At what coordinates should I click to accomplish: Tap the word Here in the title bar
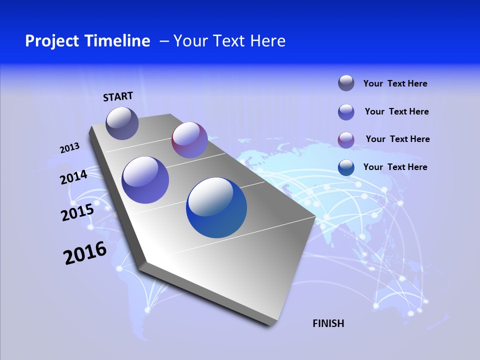coord(267,41)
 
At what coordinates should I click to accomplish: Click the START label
coord(118,96)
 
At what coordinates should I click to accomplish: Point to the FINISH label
coord(328,323)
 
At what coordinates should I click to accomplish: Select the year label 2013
coord(69,148)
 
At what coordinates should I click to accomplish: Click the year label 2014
coord(74,177)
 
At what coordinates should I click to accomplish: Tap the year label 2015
coord(77,212)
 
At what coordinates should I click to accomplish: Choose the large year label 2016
coord(85,253)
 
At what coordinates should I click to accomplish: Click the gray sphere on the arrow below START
coord(122,123)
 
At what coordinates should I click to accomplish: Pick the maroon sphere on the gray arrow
coord(189,140)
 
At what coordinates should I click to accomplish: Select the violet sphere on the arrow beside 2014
coord(145,180)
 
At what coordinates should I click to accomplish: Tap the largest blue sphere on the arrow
coord(216,207)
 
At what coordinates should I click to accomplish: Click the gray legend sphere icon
coord(346,83)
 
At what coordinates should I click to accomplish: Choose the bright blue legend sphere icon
coord(346,167)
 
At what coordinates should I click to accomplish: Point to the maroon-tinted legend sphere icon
coord(346,140)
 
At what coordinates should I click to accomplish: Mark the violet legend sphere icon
coord(346,112)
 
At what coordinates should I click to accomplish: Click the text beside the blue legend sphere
coord(395,167)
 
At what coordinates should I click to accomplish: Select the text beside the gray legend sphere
coord(395,83)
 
